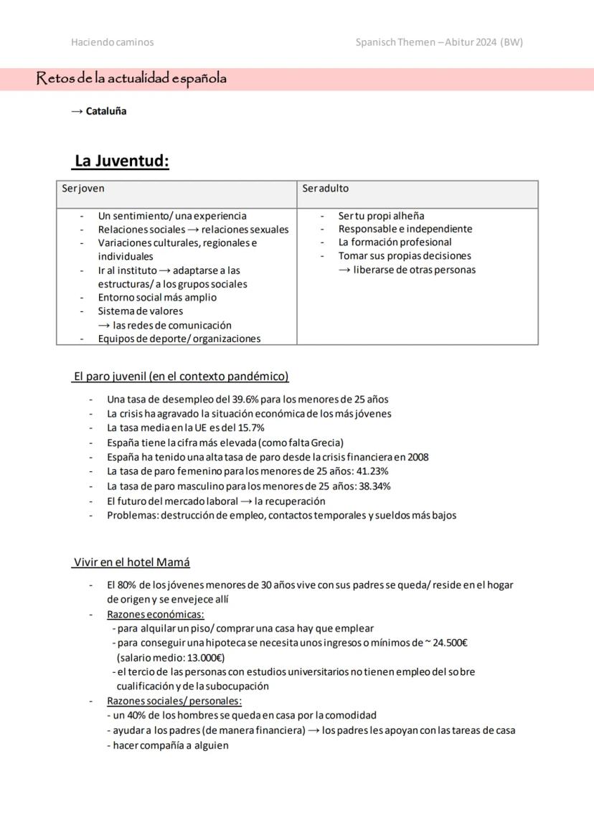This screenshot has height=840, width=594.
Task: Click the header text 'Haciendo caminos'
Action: click(x=112, y=42)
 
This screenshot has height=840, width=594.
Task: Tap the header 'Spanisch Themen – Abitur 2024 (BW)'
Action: click(x=439, y=42)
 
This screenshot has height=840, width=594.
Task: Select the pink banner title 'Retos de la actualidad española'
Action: click(x=131, y=79)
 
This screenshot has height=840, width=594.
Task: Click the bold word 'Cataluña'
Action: click(x=106, y=111)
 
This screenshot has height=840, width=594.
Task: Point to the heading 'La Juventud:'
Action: click(x=121, y=161)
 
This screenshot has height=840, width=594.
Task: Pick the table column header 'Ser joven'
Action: click(x=82, y=189)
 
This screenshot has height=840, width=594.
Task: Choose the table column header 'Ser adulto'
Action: click(x=325, y=189)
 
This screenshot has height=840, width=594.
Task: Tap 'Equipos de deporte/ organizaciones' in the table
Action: click(x=179, y=339)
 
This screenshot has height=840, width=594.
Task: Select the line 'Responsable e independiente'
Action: click(x=405, y=229)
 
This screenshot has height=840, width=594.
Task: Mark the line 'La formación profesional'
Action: click(x=395, y=242)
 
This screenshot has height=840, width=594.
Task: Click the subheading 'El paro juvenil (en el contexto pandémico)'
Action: click(x=181, y=377)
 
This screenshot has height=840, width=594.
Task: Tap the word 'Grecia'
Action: click(x=326, y=443)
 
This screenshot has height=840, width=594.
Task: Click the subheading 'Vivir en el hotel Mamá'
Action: click(x=132, y=562)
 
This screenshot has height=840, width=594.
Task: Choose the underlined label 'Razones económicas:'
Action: click(x=156, y=614)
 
